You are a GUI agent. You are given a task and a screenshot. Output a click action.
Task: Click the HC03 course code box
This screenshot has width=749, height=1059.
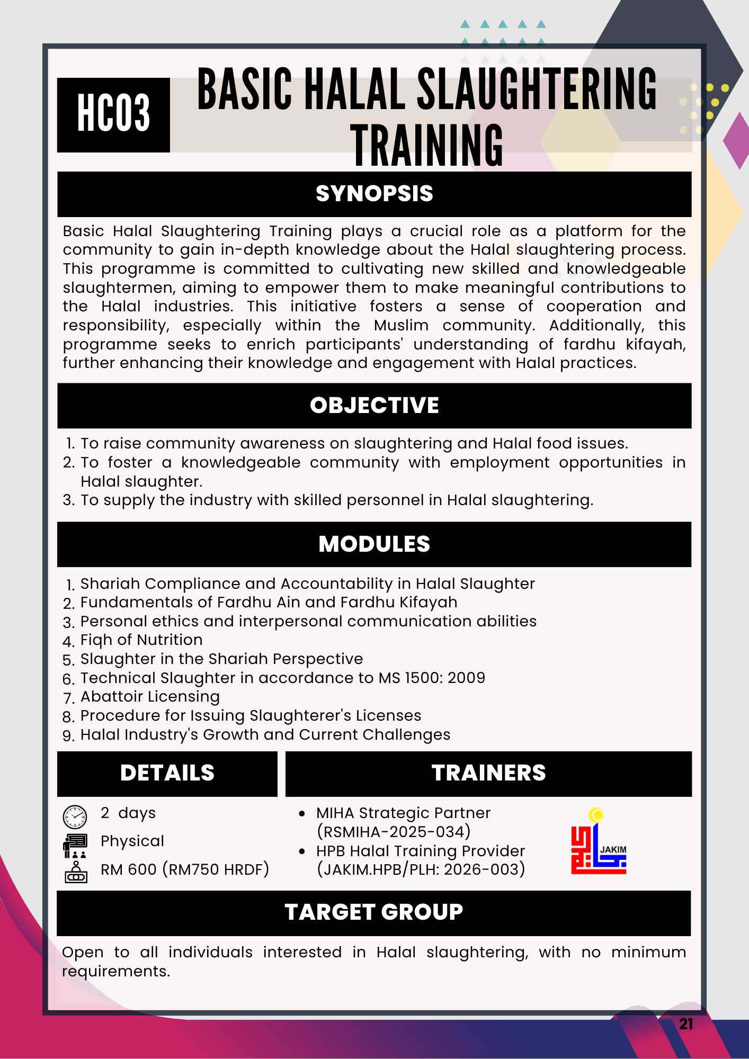pos(113,114)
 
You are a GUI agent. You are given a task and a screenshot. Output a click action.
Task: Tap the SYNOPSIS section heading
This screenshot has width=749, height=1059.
pos(374,194)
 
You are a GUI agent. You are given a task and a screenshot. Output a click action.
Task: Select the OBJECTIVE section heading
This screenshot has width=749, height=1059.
pos(374,406)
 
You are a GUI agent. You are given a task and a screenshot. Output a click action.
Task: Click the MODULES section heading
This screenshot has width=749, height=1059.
pos(374,544)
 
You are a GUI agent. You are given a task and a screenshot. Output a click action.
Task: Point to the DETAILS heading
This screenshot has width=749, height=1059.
pos(167,773)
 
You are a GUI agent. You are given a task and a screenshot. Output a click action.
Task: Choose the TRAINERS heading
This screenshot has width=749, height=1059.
pos(488,773)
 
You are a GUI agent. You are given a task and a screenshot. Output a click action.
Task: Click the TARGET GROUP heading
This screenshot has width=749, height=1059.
pos(374,912)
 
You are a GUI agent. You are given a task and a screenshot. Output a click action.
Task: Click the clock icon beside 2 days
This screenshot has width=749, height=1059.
pos(75,816)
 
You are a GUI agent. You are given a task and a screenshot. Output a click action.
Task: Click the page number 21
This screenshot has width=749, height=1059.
pos(686,1024)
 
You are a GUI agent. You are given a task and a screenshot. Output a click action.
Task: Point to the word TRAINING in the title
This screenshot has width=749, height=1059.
pos(427,145)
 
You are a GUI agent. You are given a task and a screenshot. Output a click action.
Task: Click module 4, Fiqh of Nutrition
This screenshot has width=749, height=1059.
pos(141,640)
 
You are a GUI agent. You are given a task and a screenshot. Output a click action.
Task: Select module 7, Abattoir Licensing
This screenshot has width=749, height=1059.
pos(150,697)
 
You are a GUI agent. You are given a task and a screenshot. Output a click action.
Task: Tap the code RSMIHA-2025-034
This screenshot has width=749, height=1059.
pos(394,832)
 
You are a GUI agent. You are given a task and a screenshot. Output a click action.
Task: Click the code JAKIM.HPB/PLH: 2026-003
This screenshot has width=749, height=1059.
pos(421,869)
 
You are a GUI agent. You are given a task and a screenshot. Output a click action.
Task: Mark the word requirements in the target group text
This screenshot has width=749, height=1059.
pos(116,972)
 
